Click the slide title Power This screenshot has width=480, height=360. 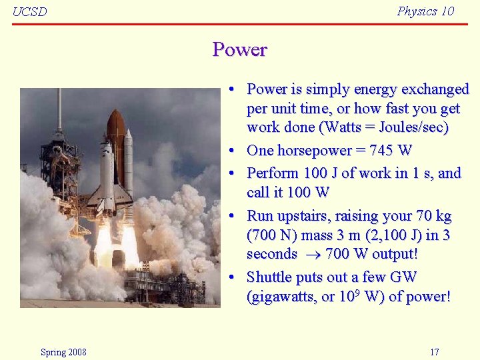[239, 50]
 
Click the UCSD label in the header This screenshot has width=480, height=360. [30, 12]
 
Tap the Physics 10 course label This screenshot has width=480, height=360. [425, 11]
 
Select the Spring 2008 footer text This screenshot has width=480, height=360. [63, 352]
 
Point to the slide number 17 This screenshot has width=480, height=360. [435, 352]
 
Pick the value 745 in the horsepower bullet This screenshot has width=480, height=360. [381, 151]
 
